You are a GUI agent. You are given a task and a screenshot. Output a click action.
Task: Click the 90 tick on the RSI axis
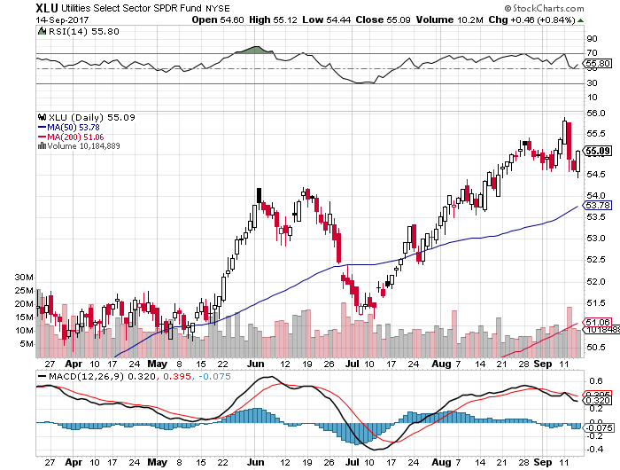click(x=592, y=39)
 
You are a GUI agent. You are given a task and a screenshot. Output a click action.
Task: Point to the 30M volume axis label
click(x=23, y=277)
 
